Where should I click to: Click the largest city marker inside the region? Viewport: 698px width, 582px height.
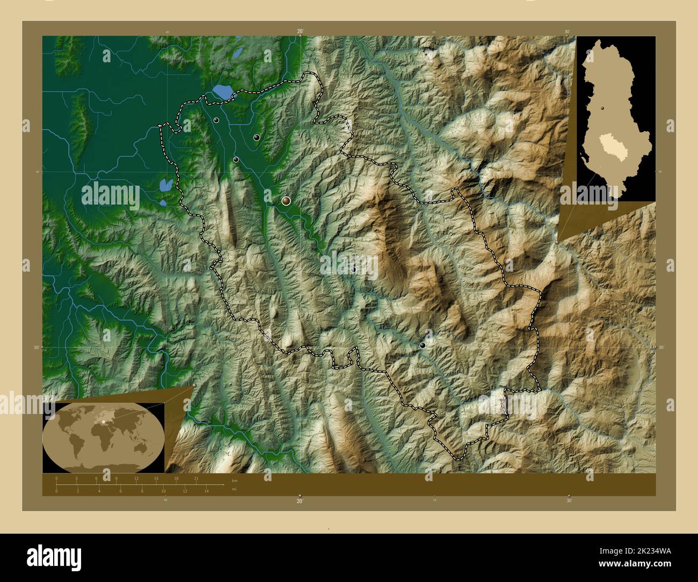[286, 201]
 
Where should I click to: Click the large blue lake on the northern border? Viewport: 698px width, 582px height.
[222, 91]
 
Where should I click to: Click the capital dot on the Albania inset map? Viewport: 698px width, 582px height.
[603, 108]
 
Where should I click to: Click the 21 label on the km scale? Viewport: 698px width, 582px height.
[197, 478]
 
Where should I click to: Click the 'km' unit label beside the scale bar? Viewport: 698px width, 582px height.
[234, 481]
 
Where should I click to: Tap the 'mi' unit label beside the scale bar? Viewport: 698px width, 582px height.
[234, 489]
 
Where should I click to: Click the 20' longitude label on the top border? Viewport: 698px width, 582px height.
[300, 32]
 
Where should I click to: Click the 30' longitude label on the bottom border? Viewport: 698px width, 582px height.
[569, 500]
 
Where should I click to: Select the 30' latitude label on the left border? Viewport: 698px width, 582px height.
[37, 347]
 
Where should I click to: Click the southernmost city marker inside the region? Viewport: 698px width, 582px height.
[423, 346]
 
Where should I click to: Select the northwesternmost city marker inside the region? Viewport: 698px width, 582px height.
[216, 120]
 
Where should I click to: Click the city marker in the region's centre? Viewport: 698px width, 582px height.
[353, 270]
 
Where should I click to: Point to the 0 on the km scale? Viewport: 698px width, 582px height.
[56, 478]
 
